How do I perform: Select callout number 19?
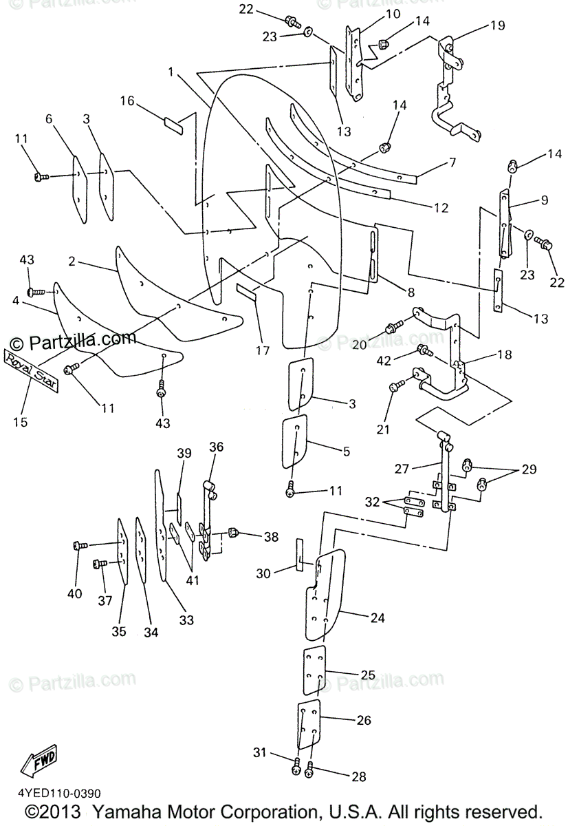(x=497, y=25)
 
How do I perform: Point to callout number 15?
(x=20, y=422)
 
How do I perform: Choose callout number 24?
(x=376, y=617)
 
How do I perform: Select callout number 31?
(x=258, y=753)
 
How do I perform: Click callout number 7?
(x=452, y=163)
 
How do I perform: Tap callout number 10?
(x=392, y=14)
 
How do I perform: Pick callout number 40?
(x=74, y=593)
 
